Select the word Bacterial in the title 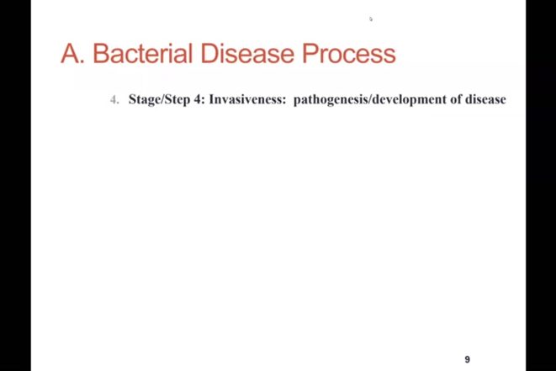(143, 54)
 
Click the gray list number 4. (114, 100)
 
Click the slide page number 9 (467, 359)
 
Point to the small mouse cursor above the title (370, 19)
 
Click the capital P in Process (310, 54)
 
